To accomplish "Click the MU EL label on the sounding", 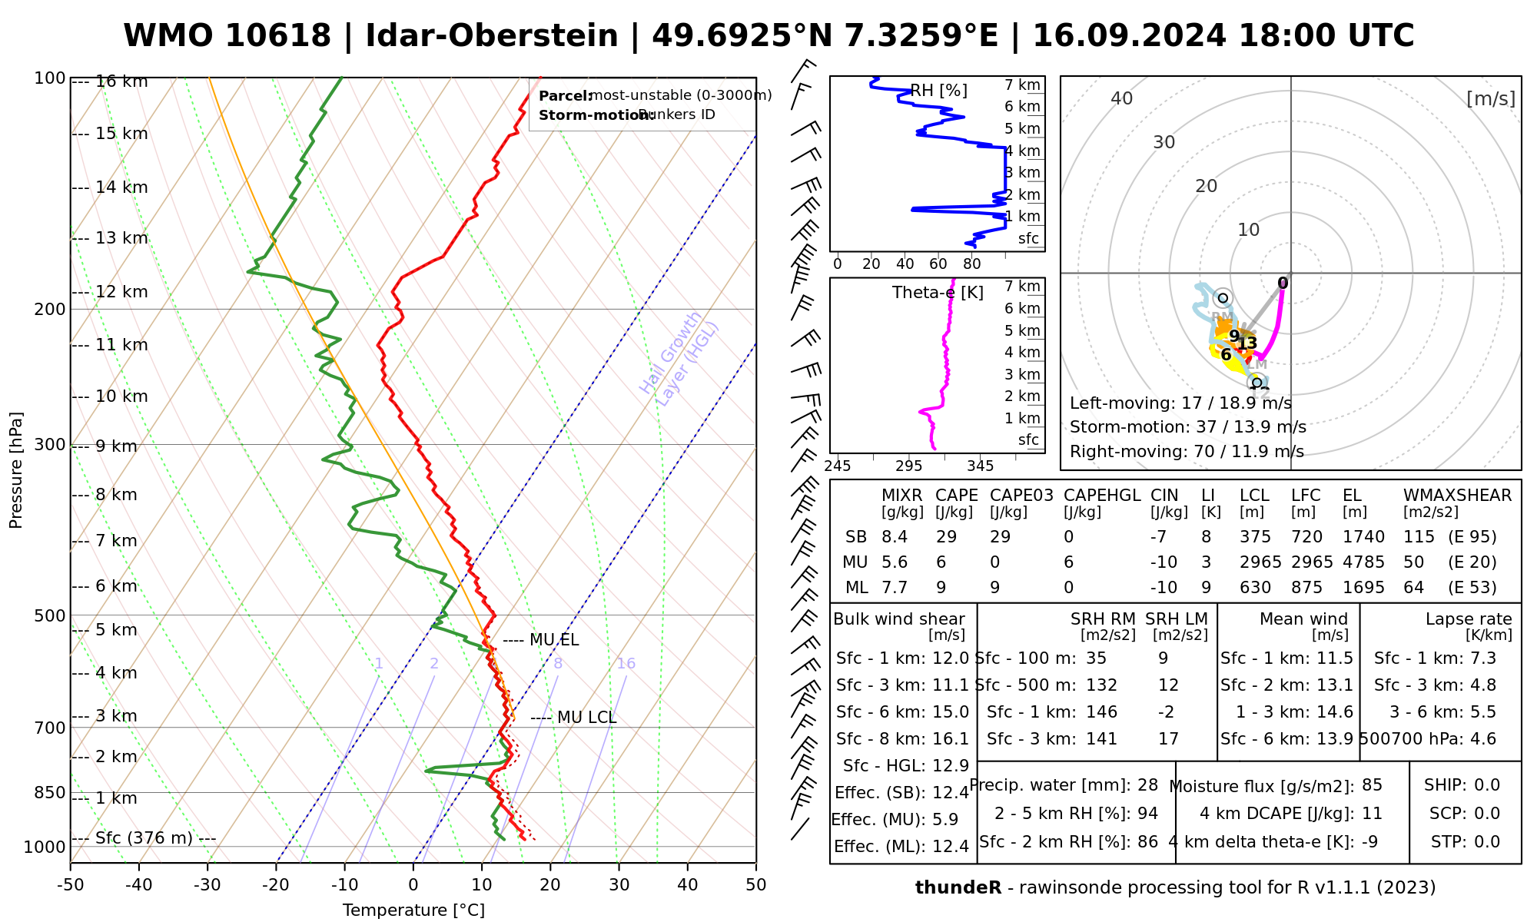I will pyautogui.click(x=554, y=641).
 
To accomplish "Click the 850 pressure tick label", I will pyautogui.click(x=51, y=792).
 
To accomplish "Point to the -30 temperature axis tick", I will pyautogui.click(x=207, y=885).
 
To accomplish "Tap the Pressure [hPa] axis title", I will pyautogui.click(x=16, y=470).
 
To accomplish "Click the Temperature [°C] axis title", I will pyautogui.click(x=413, y=910).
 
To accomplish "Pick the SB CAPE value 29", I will pyautogui.click(x=946, y=537).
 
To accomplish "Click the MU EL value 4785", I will pyautogui.click(x=1363, y=562).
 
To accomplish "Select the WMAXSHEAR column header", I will pyautogui.click(x=1457, y=496).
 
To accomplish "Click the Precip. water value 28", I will pyautogui.click(x=1147, y=785).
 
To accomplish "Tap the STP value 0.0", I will pyautogui.click(x=1487, y=842).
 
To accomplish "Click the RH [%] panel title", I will pyautogui.click(x=938, y=91).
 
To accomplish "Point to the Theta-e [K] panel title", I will pyautogui.click(x=938, y=293).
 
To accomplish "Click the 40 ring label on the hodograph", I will pyautogui.click(x=1122, y=98).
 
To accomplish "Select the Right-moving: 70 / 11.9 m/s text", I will pyautogui.click(x=1187, y=452).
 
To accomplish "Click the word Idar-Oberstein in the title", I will pyautogui.click(x=492, y=36).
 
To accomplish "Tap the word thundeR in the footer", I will pyautogui.click(x=958, y=888).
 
